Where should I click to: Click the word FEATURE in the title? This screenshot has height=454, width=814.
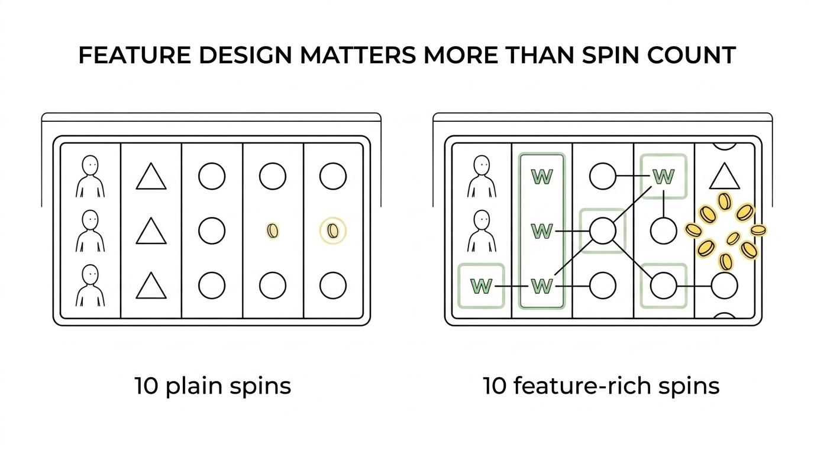pyautogui.click(x=135, y=55)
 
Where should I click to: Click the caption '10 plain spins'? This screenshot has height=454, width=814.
pyautogui.click(x=213, y=385)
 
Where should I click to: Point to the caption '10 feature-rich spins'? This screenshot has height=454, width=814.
pyautogui.click(x=602, y=385)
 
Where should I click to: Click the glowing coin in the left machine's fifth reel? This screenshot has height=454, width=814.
pyautogui.click(x=333, y=231)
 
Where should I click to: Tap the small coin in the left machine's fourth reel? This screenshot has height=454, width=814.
pyautogui.click(x=273, y=231)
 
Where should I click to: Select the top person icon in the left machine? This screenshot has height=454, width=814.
pyautogui.click(x=90, y=177)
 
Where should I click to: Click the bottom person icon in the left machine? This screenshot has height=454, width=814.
pyautogui.click(x=90, y=286)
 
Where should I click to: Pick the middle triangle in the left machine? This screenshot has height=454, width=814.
pyautogui.click(x=151, y=231)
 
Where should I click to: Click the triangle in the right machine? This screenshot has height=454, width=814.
pyautogui.click(x=725, y=176)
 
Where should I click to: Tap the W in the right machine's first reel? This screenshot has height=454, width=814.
pyautogui.click(x=481, y=286)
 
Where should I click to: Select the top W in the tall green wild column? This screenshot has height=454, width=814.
pyautogui.click(x=542, y=177)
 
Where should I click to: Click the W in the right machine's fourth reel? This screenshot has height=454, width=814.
pyautogui.click(x=664, y=177)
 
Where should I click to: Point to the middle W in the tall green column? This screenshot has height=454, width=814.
pyautogui.click(x=542, y=231)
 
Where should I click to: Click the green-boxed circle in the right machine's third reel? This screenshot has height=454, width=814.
pyautogui.click(x=603, y=231)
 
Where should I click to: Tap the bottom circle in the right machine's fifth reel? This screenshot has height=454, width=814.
pyautogui.click(x=725, y=286)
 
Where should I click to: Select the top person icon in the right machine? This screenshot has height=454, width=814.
pyautogui.click(x=482, y=177)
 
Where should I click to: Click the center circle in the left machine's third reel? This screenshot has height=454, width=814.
pyautogui.click(x=212, y=231)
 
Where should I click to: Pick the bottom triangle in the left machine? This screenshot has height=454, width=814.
pyautogui.click(x=151, y=286)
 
